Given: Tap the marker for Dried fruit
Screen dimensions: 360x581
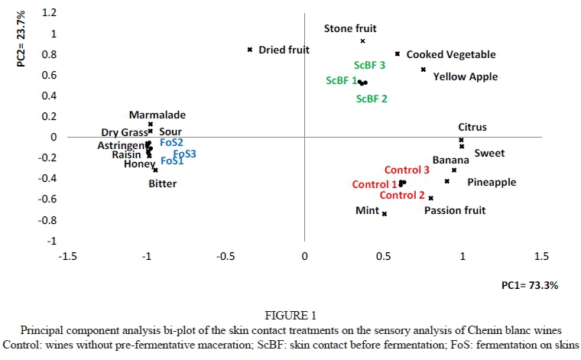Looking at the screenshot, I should click(250, 50).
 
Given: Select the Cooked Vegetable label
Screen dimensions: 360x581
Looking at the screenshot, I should click(451, 54).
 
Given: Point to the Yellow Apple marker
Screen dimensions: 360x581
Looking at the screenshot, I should click(424, 70).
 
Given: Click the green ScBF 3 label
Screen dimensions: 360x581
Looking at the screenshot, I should click(369, 66).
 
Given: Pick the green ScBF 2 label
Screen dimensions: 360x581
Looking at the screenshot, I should click(372, 99).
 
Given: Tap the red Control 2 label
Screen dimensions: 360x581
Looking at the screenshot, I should click(402, 195).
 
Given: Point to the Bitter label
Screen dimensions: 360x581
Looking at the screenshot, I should click(163, 183).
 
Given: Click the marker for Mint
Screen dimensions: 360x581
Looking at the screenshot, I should click(385, 214).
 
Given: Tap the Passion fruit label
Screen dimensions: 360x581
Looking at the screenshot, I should click(455, 210).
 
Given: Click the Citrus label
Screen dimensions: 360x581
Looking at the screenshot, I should click(472, 128).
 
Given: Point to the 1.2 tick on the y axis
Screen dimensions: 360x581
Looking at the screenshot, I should click(50, 13).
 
